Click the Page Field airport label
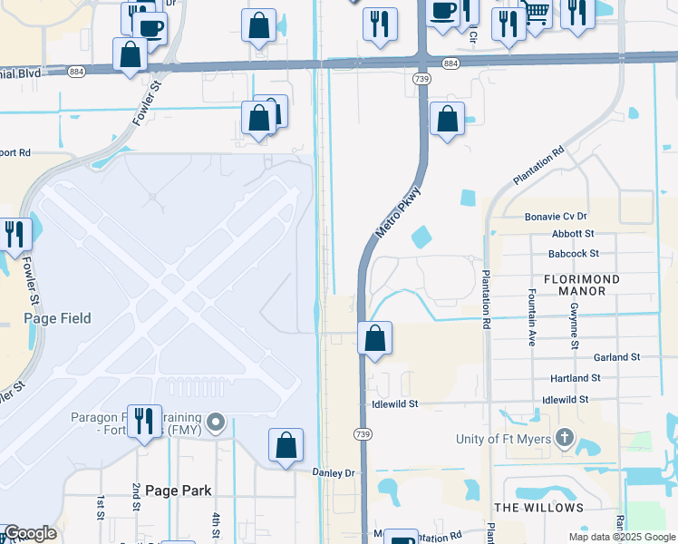(56, 318)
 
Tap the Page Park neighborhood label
(179, 491)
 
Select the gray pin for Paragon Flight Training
(216, 423)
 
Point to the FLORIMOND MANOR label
(581, 286)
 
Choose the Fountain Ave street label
(531, 318)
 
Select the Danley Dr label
(334, 472)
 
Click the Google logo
(30, 533)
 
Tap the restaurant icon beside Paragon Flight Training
(144, 422)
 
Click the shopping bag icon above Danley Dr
(286, 445)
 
